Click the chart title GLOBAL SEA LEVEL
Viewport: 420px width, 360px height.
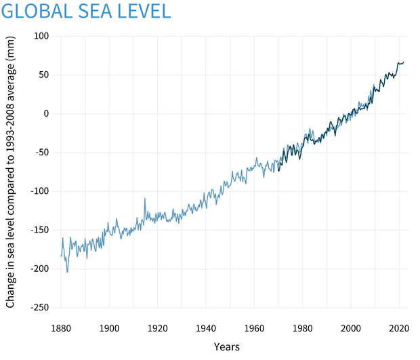(85, 12)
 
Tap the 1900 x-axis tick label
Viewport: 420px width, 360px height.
(110, 328)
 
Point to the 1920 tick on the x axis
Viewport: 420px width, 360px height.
(158, 328)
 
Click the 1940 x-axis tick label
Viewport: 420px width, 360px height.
(206, 328)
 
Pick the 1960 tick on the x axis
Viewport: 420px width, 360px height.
(254, 328)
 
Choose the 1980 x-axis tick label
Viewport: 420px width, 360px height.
(303, 328)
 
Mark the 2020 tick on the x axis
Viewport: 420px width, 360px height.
(399, 328)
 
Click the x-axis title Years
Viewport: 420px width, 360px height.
(226, 347)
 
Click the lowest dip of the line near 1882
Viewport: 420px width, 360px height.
(67, 273)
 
